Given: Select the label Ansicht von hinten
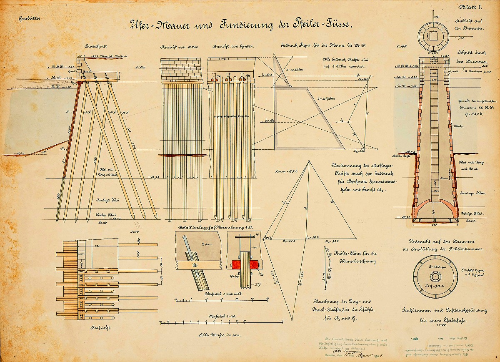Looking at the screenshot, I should pos(227,46).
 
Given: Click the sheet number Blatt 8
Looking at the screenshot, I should pos(471,7).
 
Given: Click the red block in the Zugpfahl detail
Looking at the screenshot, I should pos(244,264).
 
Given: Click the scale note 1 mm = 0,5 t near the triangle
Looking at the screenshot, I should pos(285,171).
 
